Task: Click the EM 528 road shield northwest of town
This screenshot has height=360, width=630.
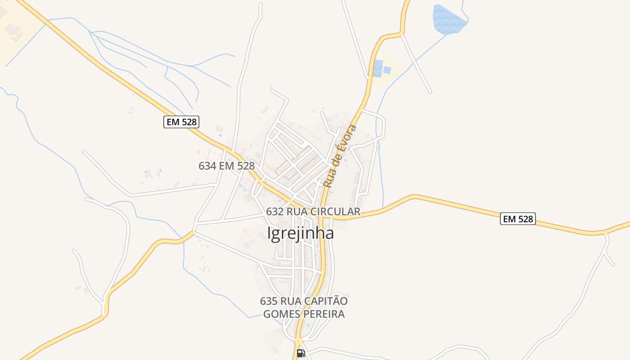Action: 181,121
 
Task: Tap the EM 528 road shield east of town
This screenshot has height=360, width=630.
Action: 517,219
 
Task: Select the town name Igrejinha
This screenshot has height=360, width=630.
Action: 301,233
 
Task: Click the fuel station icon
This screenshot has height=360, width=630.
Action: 301,353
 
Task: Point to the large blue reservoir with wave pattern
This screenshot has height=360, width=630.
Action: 448,19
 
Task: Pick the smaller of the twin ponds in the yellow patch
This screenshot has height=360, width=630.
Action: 387,70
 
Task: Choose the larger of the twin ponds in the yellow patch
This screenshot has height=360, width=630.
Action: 378,68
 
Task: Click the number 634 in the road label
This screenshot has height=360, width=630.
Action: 207,166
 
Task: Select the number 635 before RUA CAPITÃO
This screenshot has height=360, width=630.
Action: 268,301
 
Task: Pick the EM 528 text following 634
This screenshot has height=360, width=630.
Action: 237,166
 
